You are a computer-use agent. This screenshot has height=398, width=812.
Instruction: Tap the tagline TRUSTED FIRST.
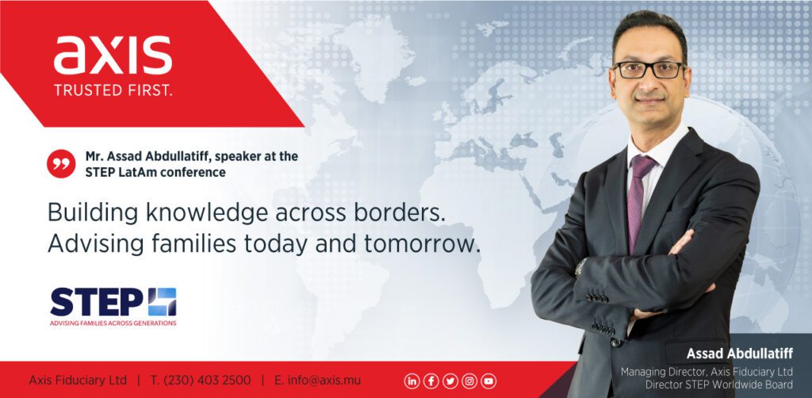click(113, 90)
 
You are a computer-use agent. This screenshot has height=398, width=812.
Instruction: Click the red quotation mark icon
click(61, 163)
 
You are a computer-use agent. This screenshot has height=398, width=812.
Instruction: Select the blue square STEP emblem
click(162, 302)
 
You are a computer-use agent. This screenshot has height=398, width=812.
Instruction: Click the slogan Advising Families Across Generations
click(113, 323)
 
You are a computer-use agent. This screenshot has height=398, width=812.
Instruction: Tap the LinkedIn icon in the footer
click(412, 381)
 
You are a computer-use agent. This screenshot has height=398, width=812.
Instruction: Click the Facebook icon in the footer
click(431, 381)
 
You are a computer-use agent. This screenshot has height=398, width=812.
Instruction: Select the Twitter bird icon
click(450, 381)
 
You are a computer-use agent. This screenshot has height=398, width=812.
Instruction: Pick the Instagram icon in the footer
click(469, 381)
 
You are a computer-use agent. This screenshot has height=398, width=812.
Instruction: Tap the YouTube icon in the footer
click(488, 381)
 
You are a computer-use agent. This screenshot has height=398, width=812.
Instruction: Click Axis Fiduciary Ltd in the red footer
click(78, 381)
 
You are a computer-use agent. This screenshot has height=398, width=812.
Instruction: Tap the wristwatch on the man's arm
click(580, 267)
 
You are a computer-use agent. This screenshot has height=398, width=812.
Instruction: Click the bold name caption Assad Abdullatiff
click(740, 354)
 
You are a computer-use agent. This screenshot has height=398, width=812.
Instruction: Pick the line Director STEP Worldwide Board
click(718, 385)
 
